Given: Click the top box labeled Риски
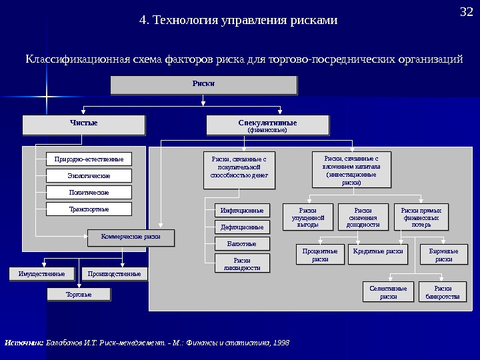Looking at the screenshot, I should tap(203, 85).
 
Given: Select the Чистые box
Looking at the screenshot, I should tap(84, 125).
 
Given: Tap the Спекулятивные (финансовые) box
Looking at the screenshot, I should tap(267, 125).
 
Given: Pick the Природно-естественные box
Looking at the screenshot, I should tap(89, 159).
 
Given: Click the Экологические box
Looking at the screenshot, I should tap(89, 175).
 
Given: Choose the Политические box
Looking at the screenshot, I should tap(89, 192).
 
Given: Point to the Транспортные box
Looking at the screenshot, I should tap(89, 209).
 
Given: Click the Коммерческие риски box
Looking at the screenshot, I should tap(131, 237).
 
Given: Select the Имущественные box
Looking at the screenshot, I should tap(42, 273).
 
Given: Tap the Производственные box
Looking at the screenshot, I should tap(114, 273).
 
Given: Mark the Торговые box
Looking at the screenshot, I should tap(79, 293).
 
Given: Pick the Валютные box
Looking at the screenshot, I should tap(243, 244).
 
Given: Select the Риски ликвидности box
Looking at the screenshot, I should tap(243, 263).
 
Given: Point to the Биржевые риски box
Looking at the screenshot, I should tap(443, 254).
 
